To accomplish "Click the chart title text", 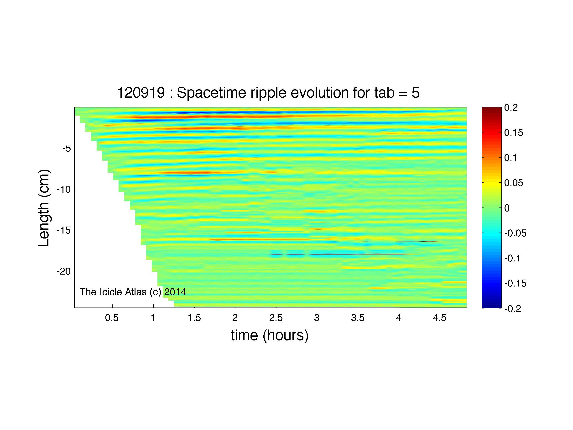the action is click(x=268, y=93).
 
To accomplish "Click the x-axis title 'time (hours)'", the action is click(x=270, y=335).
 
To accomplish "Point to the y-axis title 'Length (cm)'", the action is click(x=44, y=208).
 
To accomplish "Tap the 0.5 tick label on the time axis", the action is click(x=112, y=318).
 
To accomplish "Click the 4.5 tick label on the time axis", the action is click(x=440, y=318).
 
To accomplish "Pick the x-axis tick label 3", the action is click(x=317, y=318).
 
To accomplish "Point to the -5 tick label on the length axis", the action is click(x=66, y=149).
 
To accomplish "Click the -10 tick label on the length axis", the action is click(x=64, y=190).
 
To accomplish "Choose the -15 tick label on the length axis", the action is click(x=64, y=230).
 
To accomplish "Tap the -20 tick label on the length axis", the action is click(x=64, y=271).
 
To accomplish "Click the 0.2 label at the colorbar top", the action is click(x=511, y=108).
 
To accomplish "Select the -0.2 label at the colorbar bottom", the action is click(x=513, y=309).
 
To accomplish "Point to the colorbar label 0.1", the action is click(x=511, y=158).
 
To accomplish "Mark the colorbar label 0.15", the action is click(x=514, y=133).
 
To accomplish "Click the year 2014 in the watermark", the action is click(x=175, y=292).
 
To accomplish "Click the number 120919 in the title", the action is click(x=141, y=93).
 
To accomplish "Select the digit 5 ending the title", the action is click(x=416, y=93).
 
